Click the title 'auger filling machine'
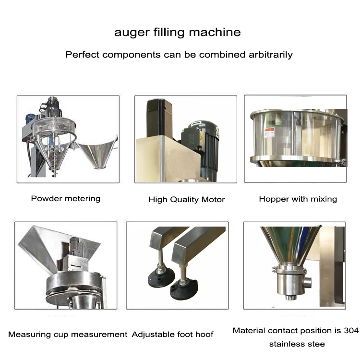177,33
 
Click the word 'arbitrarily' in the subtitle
270,54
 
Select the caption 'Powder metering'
66,198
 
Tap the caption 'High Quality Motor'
186,199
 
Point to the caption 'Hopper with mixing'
298,199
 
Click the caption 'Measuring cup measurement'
68,334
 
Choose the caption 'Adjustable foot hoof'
172,334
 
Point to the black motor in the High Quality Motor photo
207,144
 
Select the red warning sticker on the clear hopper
270,132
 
